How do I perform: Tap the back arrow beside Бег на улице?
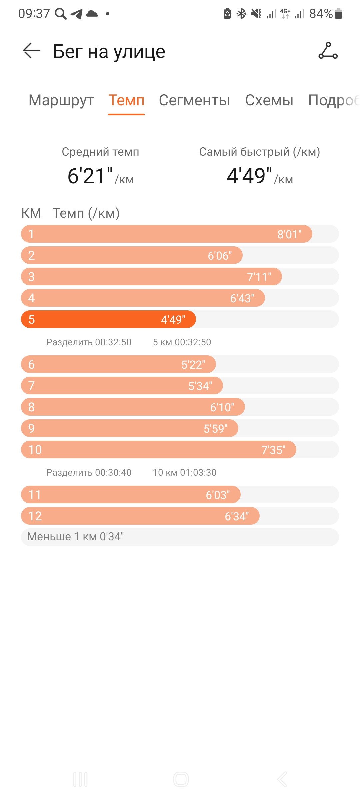(32, 51)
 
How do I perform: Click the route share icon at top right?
(328, 51)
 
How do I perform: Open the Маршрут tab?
(61, 100)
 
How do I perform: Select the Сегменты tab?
(194, 100)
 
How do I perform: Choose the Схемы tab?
(269, 100)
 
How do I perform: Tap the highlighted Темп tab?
(126, 100)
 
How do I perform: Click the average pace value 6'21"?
(90, 176)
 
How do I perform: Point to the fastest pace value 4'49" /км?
(260, 176)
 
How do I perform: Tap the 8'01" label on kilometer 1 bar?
(289, 234)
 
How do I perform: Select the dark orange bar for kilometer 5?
(108, 319)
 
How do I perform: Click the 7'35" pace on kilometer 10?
(273, 450)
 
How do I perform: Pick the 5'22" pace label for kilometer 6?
(193, 365)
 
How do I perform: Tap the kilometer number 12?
(35, 516)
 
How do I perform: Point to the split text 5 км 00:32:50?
(182, 342)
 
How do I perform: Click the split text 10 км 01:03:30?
(185, 472)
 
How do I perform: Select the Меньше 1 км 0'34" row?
(180, 537)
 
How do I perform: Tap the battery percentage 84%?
(321, 14)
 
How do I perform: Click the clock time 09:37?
(34, 14)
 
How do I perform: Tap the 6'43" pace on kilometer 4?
(242, 298)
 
